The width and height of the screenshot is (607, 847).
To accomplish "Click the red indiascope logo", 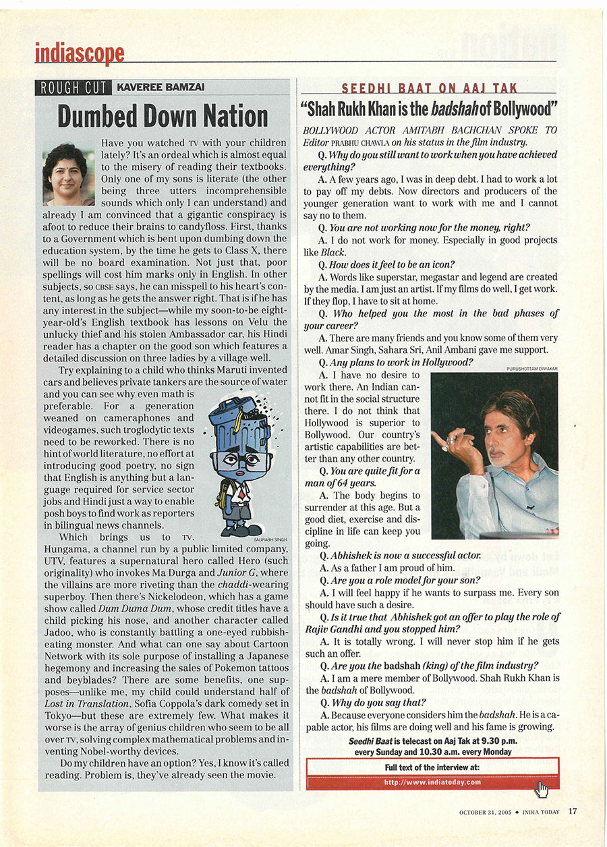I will (x=80, y=53).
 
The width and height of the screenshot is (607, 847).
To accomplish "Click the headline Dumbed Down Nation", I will (x=163, y=115).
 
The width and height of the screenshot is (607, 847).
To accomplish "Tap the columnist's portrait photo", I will (x=68, y=174).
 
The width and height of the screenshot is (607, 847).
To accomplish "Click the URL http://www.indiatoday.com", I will (x=432, y=782).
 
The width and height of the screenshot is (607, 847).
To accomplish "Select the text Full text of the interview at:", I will (x=432, y=767).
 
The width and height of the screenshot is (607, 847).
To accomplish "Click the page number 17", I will (x=572, y=811).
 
